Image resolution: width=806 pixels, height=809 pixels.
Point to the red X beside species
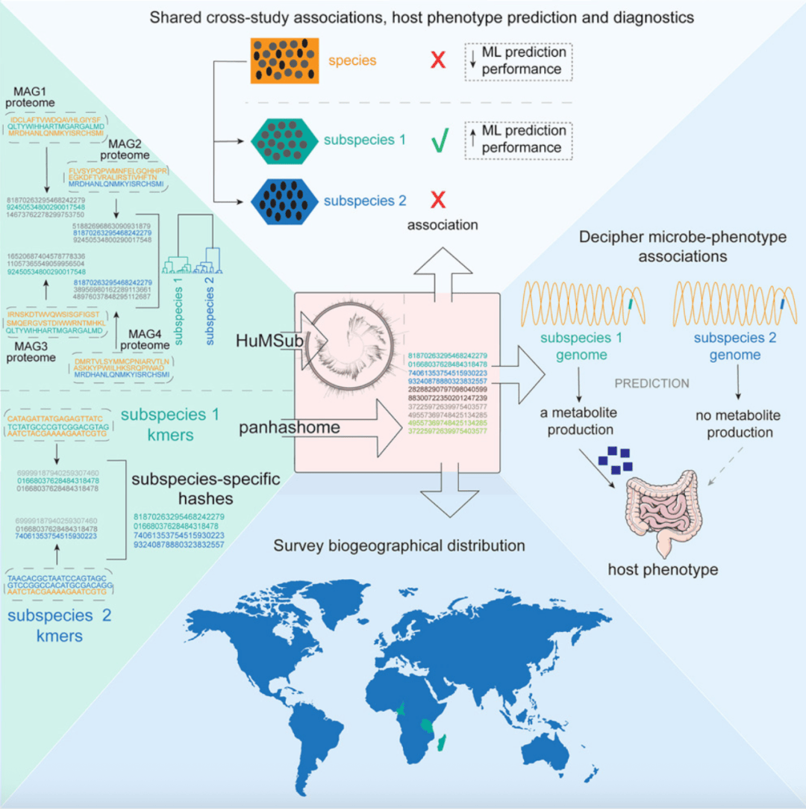tap(438, 61)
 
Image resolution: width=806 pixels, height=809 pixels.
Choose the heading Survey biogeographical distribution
tap(399, 545)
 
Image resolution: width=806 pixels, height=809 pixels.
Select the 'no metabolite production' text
tap(738, 424)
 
